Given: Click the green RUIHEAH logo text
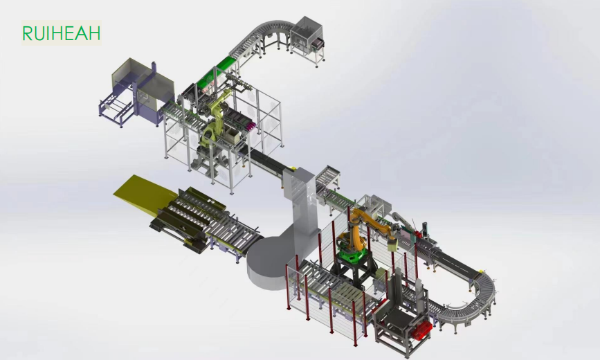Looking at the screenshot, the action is click(x=61, y=33).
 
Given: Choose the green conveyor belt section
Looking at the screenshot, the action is click(x=214, y=72).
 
